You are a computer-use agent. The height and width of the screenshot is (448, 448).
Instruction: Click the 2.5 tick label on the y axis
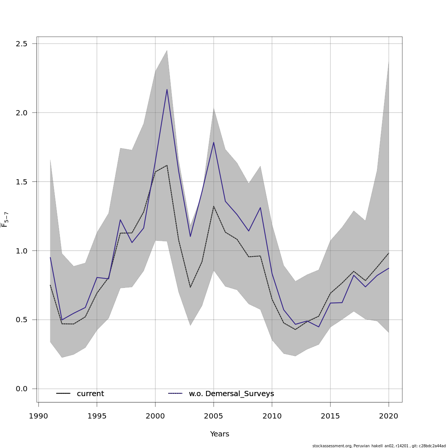pyautogui.click(x=22, y=44)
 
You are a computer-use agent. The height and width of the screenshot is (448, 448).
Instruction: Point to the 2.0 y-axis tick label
pyautogui.click(x=22, y=113)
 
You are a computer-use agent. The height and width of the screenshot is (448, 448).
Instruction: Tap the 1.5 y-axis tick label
pyautogui.click(x=22, y=182)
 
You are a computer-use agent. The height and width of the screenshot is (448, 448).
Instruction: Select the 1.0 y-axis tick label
pyautogui.click(x=22, y=251)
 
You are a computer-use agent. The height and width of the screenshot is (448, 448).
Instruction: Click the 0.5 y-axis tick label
pyautogui.click(x=22, y=320)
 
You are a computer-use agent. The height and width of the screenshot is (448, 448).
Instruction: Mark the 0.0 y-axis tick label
pyautogui.click(x=22, y=389)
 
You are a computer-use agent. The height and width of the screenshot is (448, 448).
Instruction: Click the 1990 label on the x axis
pyautogui.click(x=38, y=416)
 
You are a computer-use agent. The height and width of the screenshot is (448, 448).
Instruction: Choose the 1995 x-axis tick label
pyautogui.click(x=97, y=416)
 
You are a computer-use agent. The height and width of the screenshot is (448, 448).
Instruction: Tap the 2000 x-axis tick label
pyautogui.click(x=155, y=416)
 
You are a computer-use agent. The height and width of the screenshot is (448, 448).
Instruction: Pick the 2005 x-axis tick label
pyautogui.click(x=214, y=416)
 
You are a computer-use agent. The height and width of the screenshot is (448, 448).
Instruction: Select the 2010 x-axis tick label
pyautogui.click(x=272, y=416)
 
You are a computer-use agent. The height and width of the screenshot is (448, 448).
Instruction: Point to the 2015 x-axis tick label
pyautogui.click(x=330, y=416)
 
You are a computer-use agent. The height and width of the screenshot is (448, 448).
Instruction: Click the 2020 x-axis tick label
pyautogui.click(x=389, y=416)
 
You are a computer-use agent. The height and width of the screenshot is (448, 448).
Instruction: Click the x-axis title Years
pyautogui.click(x=220, y=434)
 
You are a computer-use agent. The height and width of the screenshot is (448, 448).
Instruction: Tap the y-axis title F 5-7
pyautogui.click(x=5, y=219)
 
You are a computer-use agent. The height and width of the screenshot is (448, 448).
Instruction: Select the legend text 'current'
pyautogui.click(x=90, y=394)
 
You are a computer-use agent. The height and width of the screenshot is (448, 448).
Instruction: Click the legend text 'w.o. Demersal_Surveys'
pyautogui.click(x=231, y=394)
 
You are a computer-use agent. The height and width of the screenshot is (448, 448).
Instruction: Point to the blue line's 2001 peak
pyautogui.click(x=167, y=90)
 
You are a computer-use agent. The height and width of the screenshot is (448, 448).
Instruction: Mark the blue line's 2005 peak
pyautogui.click(x=214, y=142)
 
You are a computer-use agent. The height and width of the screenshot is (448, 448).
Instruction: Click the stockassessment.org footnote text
pyautogui.click(x=379, y=446)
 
